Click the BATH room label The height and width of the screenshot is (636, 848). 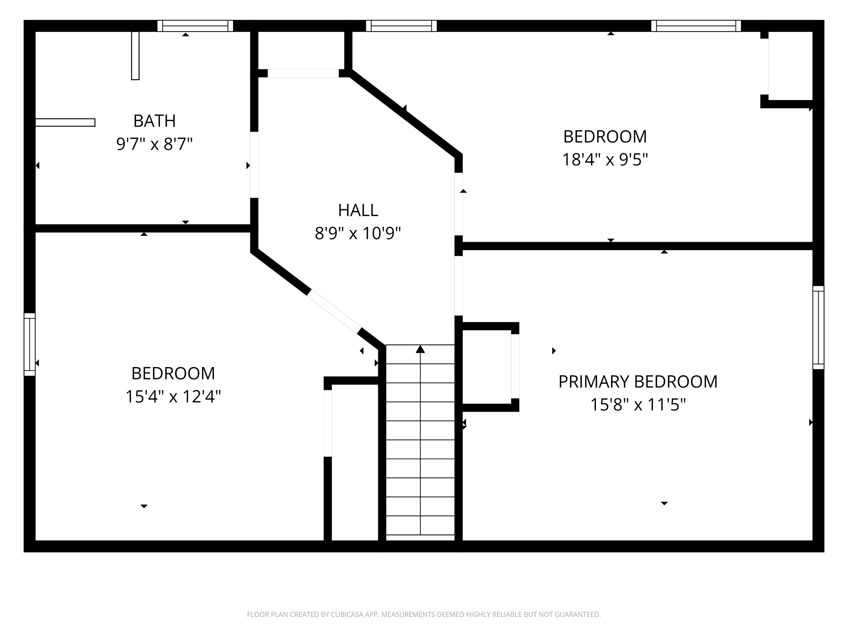point(155,121)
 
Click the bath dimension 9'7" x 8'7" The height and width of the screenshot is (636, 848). point(155,145)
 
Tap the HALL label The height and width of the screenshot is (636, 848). point(358,210)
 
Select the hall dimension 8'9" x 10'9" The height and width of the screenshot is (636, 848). point(358,233)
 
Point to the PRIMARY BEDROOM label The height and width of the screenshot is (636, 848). point(638,381)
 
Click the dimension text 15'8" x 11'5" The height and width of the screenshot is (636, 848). point(638,404)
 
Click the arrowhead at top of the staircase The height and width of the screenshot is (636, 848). point(420,349)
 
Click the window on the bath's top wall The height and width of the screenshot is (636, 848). point(195,26)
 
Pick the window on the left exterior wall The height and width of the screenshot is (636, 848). point(30,344)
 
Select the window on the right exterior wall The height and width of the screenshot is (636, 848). point(818,327)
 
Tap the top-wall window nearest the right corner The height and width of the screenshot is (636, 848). point(696,26)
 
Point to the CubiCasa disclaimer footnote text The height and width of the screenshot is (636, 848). point(424,614)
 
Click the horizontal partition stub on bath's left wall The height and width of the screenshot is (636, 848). point(65,122)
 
